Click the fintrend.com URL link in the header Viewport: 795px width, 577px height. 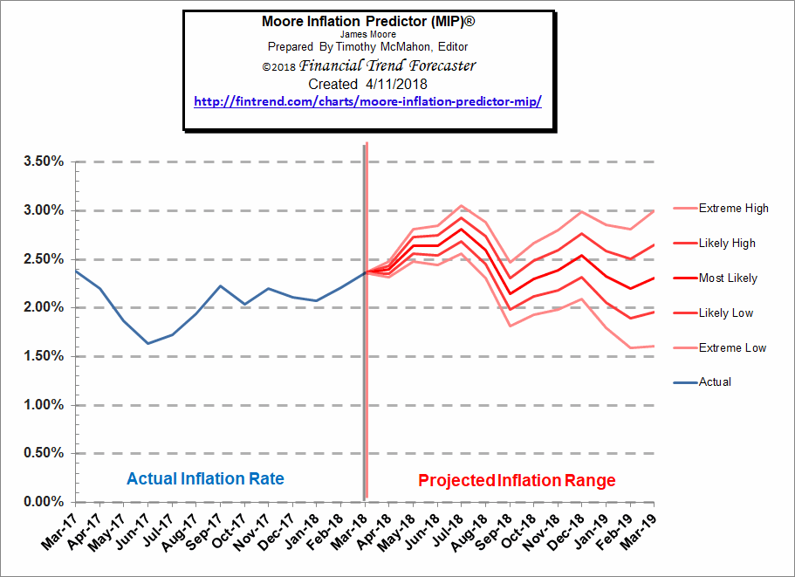[367, 101]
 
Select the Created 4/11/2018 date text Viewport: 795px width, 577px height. [367, 84]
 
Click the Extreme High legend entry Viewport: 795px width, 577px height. [733, 209]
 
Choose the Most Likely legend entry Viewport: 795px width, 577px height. [728, 278]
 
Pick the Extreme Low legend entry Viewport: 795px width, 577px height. [732, 347]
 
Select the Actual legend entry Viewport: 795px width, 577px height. [715, 381]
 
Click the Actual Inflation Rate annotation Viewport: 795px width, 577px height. [205, 479]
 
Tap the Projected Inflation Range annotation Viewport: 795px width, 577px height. [517, 481]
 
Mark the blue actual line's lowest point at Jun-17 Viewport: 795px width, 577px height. [148, 343]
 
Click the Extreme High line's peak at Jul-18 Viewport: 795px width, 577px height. [462, 206]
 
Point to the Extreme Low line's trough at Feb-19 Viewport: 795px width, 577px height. [629, 347]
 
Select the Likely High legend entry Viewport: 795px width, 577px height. [727, 244]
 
